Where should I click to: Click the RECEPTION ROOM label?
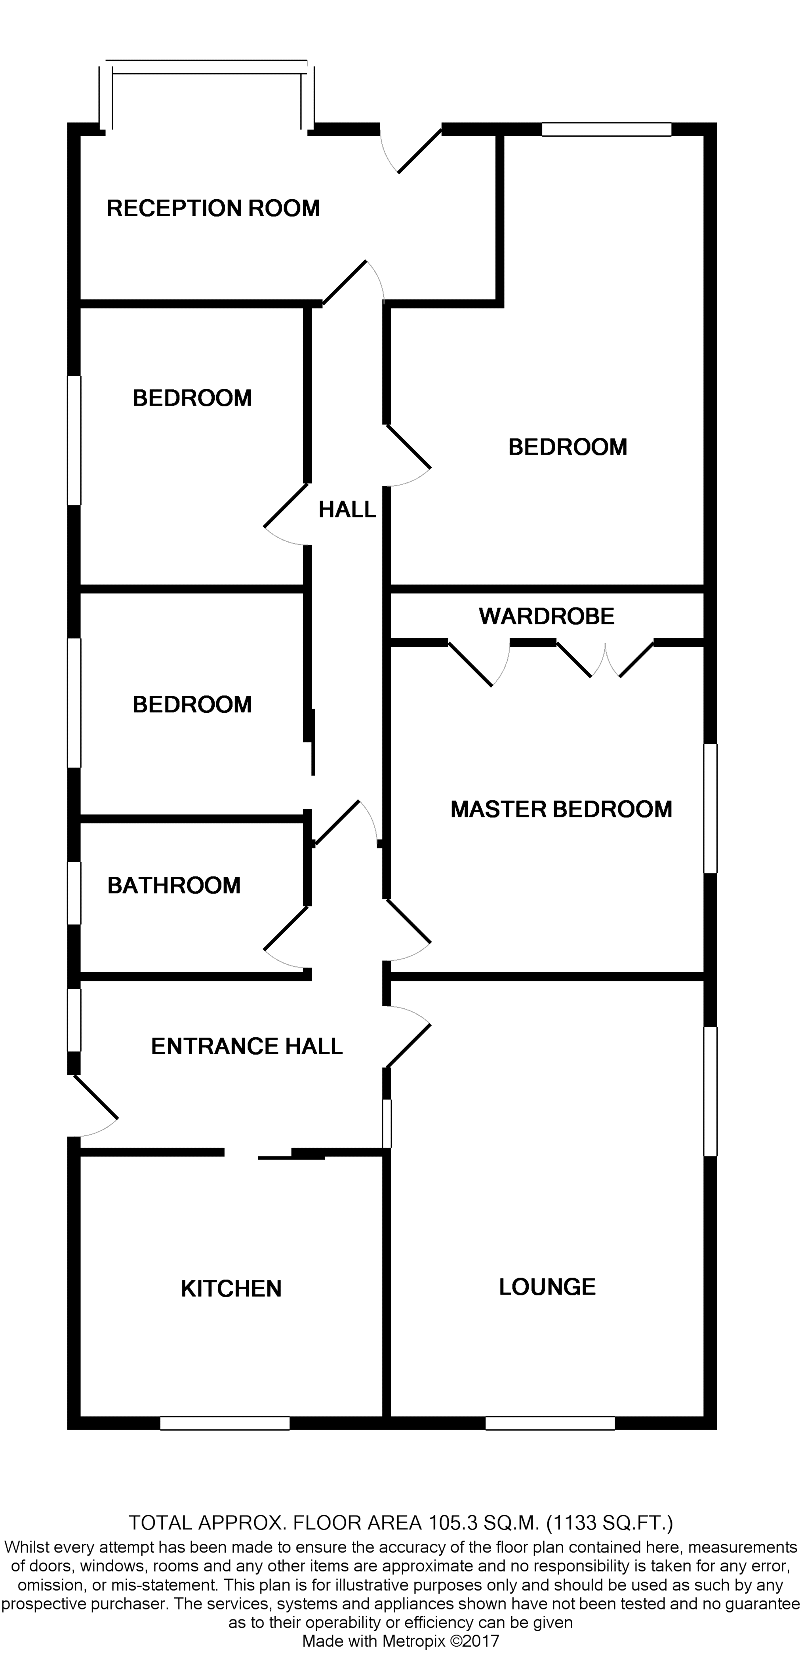tap(213, 208)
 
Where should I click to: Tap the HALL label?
tap(347, 509)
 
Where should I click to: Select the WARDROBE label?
tap(547, 616)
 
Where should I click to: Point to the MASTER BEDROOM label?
tap(561, 809)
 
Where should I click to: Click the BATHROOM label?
tap(173, 886)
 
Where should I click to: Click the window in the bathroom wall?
tap(74, 893)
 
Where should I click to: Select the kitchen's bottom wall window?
tap(225, 1423)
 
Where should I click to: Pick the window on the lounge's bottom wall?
tap(550, 1423)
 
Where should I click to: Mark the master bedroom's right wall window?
tap(710, 809)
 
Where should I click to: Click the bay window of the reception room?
tap(206, 68)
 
